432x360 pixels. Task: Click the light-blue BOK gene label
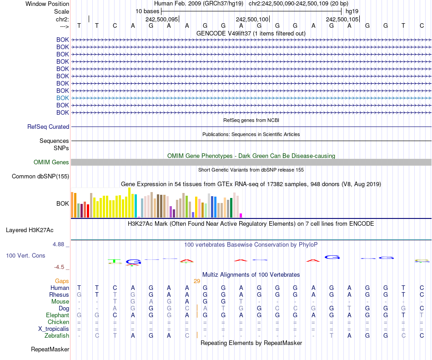63,98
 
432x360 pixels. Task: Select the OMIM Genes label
51,162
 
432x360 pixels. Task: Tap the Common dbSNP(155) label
40,177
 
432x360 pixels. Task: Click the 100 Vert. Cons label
25,256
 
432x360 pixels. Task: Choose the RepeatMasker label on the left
50,350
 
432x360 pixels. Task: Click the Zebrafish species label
57,335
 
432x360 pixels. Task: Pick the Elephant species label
57,315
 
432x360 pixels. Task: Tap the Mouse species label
60,301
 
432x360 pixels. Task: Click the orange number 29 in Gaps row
197,281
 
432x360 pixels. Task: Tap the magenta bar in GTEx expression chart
241,215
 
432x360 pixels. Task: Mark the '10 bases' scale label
147,11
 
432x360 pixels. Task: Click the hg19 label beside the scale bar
352,11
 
